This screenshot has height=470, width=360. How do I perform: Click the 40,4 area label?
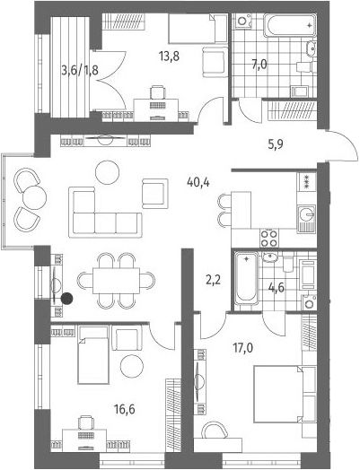pyautogui.click(x=198, y=182)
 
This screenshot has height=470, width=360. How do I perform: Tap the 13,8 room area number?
pyautogui.click(x=170, y=56)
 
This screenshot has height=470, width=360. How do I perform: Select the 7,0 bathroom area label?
pyautogui.click(x=259, y=65)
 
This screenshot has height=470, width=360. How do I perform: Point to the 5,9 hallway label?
pyautogui.click(x=276, y=144)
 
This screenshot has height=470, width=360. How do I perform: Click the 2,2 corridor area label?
pyautogui.click(x=213, y=280)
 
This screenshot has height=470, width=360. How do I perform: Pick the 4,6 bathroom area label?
pyautogui.click(x=276, y=287)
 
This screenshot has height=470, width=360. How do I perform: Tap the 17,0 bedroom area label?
pyautogui.click(x=243, y=348)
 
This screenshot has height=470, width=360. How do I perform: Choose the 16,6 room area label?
pyautogui.click(x=125, y=408)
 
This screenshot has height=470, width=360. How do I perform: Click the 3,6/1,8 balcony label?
pyautogui.click(x=80, y=72)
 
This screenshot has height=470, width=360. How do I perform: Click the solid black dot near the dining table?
pyautogui.click(x=67, y=299)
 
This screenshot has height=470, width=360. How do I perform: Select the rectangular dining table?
pyautogui.click(x=116, y=281)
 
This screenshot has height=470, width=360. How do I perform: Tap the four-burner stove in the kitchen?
pyautogui.click(x=268, y=238)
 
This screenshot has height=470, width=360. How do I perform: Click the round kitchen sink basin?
pyautogui.click(x=307, y=214)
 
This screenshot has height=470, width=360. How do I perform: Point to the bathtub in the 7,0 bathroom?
pyautogui.click(x=290, y=26)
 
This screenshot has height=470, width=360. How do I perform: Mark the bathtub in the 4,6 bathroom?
pyautogui.click(x=246, y=278)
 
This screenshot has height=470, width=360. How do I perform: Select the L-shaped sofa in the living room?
pyautogui.click(x=105, y=213)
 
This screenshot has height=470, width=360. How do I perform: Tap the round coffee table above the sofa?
pyautogui.click(x=108, y=172)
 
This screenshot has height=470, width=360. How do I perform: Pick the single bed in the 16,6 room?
pyautogui.click(x=93, y=355)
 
